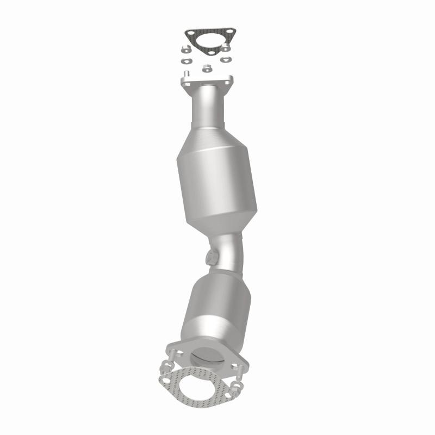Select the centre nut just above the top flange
coord(206,69)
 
